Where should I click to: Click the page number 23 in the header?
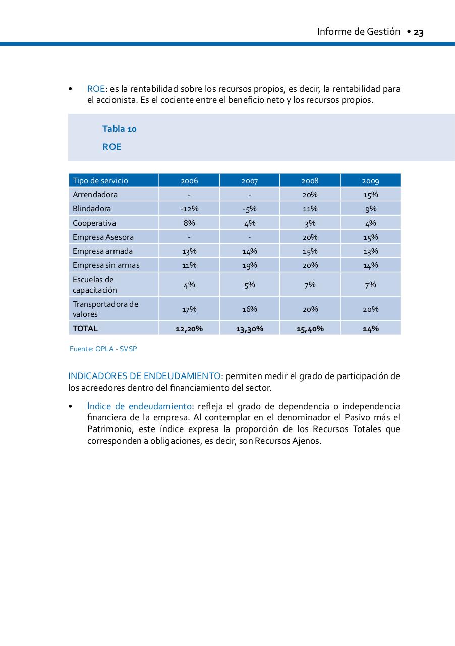[x=418, y=33]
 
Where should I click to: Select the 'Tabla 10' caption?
[x=120, y=129]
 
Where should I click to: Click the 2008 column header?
[x=310, y=181]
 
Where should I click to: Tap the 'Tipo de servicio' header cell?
[x=100, y=181]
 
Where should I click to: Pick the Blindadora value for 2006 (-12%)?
[x=189, y=209]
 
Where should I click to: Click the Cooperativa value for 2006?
[x=189, y=223]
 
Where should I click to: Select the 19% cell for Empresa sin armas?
[x=250, y=265]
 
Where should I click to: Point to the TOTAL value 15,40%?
[x=310, y=329]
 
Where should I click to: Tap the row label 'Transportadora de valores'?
[x=105, y=309]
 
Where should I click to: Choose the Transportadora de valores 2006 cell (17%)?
[x=189, y=309]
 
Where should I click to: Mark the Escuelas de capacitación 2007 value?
[x=250, y=285]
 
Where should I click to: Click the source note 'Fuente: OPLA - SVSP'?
[x=103, y=349]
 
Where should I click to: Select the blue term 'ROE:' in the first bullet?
[x=97, y=89]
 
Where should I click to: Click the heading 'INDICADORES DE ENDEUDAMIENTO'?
[x=144, y=376]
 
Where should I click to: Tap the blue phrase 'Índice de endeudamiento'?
[x=139, y=407]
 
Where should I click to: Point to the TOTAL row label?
[x=85, y=328]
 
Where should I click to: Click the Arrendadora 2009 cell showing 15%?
[x=370, y=195]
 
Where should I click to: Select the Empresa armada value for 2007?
[x=250, y=251]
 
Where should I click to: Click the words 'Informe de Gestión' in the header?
[x=358, y=32]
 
